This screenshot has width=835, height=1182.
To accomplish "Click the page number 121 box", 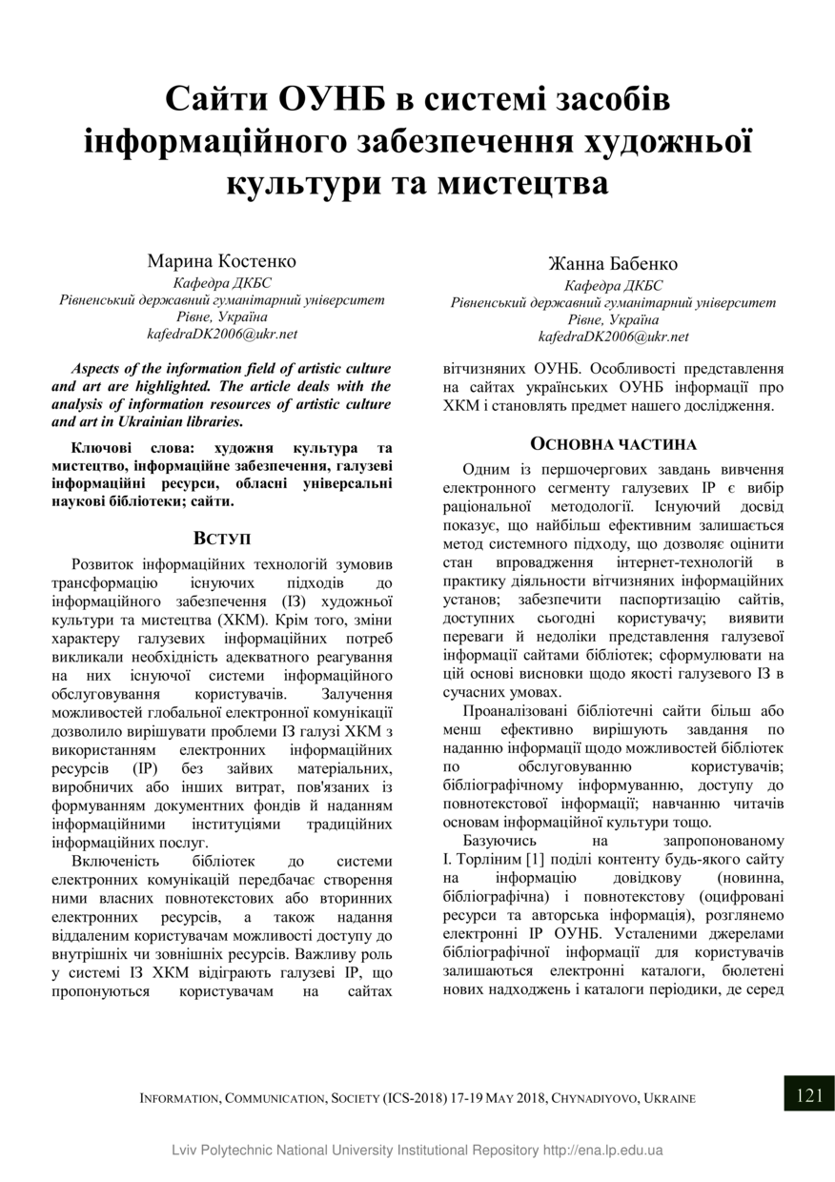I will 808,1094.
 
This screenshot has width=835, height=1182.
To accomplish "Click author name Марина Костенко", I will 222,260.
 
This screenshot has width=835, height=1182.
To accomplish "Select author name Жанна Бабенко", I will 613,263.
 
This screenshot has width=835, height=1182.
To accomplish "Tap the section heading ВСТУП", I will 222,539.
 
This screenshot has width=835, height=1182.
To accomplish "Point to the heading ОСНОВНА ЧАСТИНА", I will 613,444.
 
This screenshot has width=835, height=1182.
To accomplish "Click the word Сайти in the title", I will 216,99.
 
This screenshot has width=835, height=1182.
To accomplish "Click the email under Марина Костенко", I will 222,334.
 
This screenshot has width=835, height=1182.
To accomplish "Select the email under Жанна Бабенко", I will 613,336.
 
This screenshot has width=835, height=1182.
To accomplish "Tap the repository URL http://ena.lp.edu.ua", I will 602,1150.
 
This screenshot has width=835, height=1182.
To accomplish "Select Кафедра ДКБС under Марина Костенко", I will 222,283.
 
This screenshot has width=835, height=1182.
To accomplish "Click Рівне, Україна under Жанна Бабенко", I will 613,319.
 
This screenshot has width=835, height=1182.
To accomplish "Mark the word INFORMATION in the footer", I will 179,1098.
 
